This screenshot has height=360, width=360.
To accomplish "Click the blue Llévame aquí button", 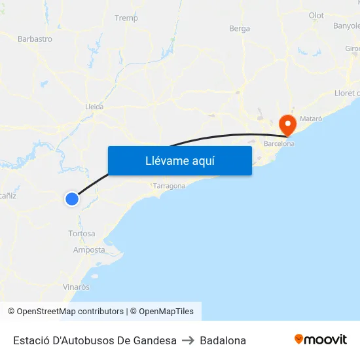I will [179, 160].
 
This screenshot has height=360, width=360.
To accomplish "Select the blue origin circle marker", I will [72, 198].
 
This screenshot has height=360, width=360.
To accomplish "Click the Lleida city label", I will [94, 106].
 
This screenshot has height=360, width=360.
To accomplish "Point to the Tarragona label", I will [169, 186].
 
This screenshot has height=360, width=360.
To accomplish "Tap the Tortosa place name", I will [82, 234].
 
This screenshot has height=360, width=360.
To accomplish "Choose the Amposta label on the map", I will [89, 250].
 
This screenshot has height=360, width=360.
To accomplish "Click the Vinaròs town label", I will [77, 287].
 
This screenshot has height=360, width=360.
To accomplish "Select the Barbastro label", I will [35, 39].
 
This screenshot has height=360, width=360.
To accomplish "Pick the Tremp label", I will [126, 18].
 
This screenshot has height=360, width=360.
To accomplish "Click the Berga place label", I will [240, 28].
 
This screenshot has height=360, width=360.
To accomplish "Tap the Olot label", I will [316, 15].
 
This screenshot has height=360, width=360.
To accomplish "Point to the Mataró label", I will [311, 118].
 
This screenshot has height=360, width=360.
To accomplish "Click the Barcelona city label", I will [279, 143].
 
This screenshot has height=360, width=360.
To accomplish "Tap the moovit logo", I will [321, 340].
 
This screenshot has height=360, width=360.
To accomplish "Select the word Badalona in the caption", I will [223, 340].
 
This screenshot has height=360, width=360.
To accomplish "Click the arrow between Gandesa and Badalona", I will [189, 340].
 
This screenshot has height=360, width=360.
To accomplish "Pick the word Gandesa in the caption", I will [155, 340].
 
